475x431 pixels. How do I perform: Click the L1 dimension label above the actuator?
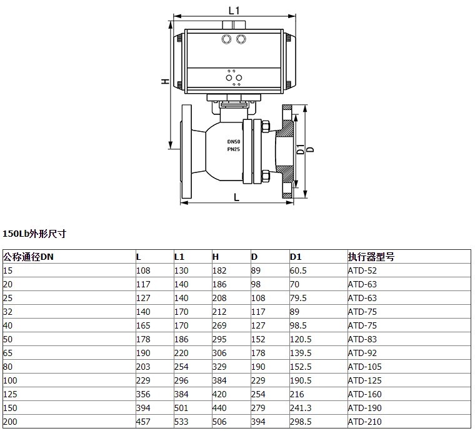pyautogui.click(x=234, y=11)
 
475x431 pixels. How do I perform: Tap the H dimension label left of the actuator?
pyautogui.click(x=165, y=81)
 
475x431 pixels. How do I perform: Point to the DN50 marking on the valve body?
pyautogui.click(x=234, y=142)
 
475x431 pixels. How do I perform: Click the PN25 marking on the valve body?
pyautogui.click(x=234, y=149)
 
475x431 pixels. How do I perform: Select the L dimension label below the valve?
pyautogui.click(x=237, y=197)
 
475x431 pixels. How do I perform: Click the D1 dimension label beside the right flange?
pyautogui.click(x=300, y=149)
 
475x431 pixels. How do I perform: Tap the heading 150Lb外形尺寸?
pyautogui.click(x=34, y=234)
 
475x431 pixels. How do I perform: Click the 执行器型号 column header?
pyautogui.click(x=371, y=257)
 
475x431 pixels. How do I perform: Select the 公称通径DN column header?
pyautogui.click(x=28, y=257)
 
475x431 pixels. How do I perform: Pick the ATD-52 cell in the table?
pyautogui.click(x=362, y=270)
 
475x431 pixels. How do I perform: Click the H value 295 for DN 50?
pyautogui.click(x=219, y=339)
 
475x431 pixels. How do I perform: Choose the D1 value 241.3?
pyautogui.click(x=301, y=408)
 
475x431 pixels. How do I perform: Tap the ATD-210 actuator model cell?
pyautogui.click(x=364, y=422)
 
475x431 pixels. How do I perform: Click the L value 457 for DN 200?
pyautogui.click(x=143, y=422)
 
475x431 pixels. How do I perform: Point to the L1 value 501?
pyautogui.click(x=181, y=408)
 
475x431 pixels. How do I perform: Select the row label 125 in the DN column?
pyautogui.click(x=10, y=394)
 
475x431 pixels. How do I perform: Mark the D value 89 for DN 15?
pyautogui.click(x=256, y=270)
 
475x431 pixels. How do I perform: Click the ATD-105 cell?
pyautogui.click(x=364, y=367)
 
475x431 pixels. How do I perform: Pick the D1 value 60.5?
pyautogui.click(x=298, y=270)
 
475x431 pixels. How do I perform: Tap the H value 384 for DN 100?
pyautogui.click(x=219, y=380)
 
